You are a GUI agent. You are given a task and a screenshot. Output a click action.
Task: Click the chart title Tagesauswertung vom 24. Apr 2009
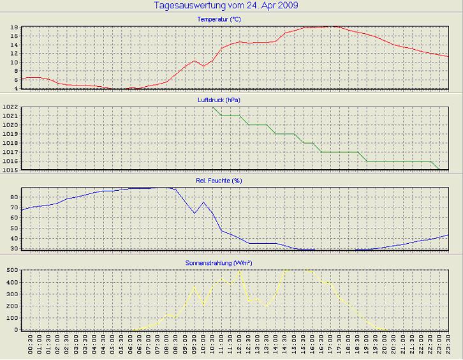(226, 6)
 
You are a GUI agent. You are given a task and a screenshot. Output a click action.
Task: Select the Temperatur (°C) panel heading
(219, 20)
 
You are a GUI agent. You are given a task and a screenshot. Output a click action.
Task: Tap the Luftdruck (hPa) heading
(219, 100)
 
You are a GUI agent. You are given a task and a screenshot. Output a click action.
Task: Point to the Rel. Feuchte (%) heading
(219, 181)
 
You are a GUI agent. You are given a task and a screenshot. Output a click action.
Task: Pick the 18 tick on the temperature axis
(14, 27)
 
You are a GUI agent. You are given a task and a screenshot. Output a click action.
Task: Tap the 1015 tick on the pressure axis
(10, 170)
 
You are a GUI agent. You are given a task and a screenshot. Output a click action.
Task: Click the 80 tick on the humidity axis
(14, 197)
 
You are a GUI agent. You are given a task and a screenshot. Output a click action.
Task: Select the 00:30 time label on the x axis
(31, 345)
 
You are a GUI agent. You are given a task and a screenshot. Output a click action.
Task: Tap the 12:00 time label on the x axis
(240, 345)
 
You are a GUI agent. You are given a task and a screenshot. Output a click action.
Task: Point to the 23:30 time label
(449, 345)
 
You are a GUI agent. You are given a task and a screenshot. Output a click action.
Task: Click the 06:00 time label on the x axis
(131, 345)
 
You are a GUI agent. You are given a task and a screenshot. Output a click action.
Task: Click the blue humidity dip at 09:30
(195, 213)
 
